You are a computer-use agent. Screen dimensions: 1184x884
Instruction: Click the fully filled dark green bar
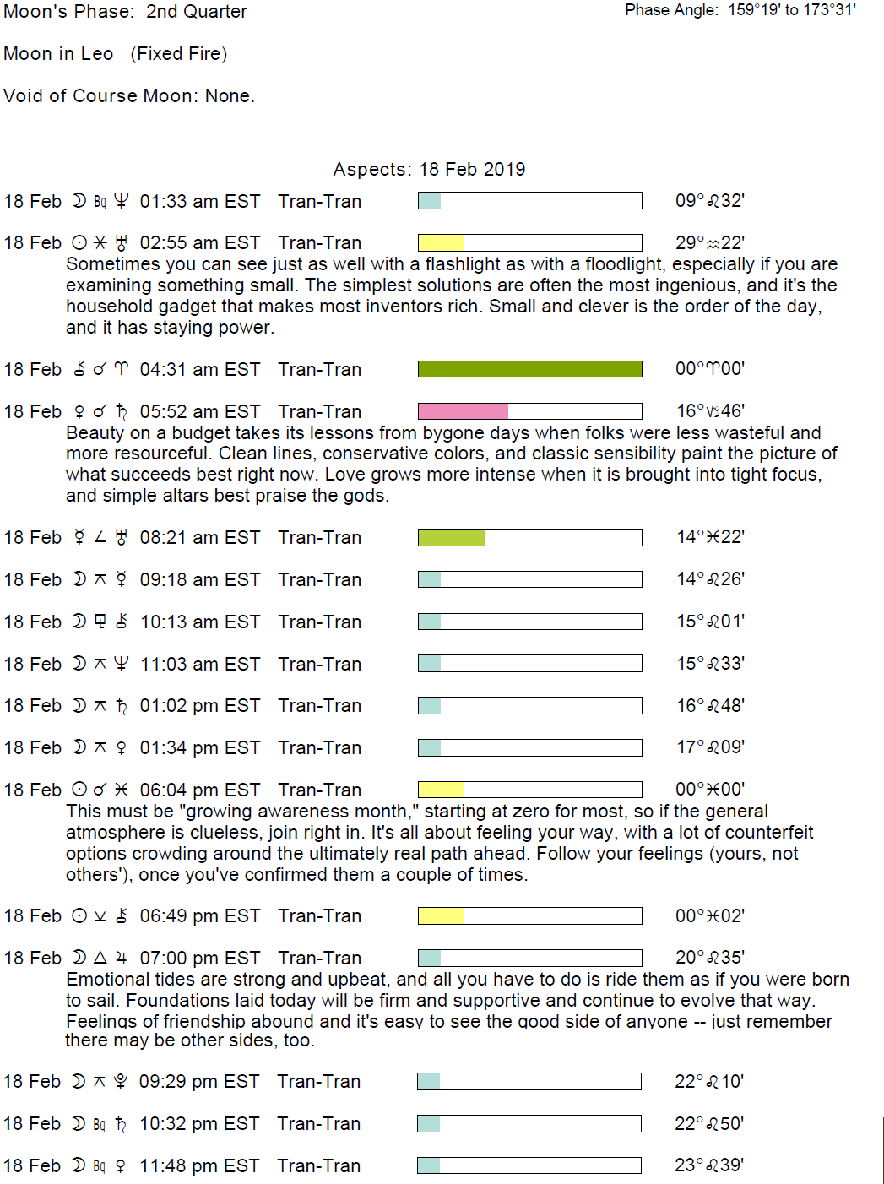tap(529, 369)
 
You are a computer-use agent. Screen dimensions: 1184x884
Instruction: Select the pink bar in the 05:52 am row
tap(463, 411)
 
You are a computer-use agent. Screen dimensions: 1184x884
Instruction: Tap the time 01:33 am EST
tap(199, 202)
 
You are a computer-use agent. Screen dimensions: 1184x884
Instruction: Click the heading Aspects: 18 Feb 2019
tap(429, 169)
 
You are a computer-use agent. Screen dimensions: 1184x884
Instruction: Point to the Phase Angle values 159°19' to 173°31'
tap(792, 10)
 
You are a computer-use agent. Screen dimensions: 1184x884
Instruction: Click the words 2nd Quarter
tap(197, 12)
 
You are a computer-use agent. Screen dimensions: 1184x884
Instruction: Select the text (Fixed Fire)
tap(179, 54)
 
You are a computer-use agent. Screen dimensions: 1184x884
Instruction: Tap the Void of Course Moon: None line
tap(129, 96)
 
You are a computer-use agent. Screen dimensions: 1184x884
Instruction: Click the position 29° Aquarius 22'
tap(709, 243)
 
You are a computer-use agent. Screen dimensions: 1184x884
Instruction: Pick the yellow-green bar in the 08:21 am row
tap(452, 538)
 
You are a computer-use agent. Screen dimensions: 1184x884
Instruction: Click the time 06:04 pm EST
tap(199, 790)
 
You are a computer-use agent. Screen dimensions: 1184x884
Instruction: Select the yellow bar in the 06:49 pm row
tap(441, 916)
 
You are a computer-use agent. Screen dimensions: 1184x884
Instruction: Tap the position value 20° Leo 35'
tap(709, 958)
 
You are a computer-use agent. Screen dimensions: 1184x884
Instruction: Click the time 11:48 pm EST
tap(199, 1166)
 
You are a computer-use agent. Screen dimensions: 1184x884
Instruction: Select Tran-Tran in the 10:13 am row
tap(319, 622)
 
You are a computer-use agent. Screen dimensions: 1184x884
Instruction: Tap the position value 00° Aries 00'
tap(709, 369)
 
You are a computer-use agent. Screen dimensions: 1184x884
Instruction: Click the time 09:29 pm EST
tap(199, 1082)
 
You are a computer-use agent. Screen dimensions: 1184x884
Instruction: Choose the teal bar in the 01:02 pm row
tap(430, 706)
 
